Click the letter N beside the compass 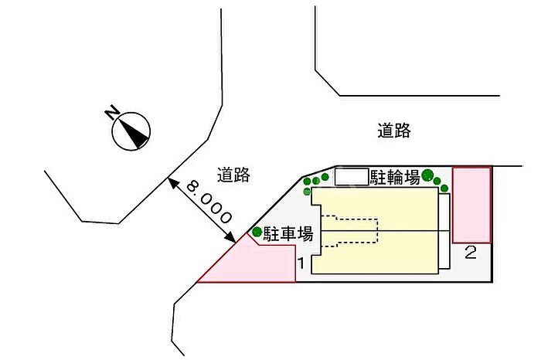coord(112,112)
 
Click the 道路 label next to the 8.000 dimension coord(233,175)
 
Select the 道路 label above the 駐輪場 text coord(394,131)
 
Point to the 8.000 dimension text coord(209,202)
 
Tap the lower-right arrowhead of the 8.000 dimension coord(230,237)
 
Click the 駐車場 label coord(288,234)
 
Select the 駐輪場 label coord(395,177)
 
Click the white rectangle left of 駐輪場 coord(352,177)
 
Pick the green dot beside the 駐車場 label coord(257,232)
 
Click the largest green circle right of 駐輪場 coord(428,175)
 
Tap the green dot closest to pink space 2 coord(444,188)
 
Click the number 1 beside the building coord(301,263)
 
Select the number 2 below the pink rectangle coord(471,252)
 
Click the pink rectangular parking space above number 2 coord(471,205)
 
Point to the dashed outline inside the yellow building coord(350,231)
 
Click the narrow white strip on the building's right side coord(444,231)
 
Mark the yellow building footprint coord(375,230)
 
